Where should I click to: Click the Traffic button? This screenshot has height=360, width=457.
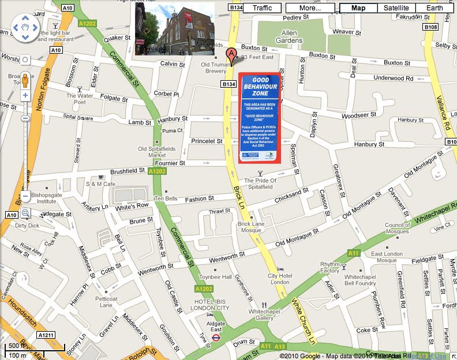tap(262, 8)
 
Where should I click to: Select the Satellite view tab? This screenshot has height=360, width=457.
tap(396, 8)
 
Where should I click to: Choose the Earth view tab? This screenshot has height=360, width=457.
tap(435, 8)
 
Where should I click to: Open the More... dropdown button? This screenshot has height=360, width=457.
tap(310, 8)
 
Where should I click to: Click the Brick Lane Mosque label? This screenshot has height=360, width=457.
tap(250, 227)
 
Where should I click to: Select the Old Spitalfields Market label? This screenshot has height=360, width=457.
tap(152, 152)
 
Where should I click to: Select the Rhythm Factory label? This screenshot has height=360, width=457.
tap(329, 268)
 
